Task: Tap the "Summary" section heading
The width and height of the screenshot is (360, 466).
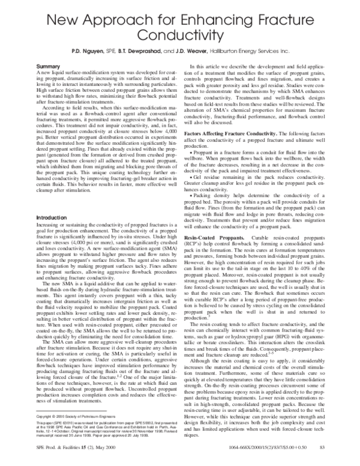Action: [49, 65]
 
